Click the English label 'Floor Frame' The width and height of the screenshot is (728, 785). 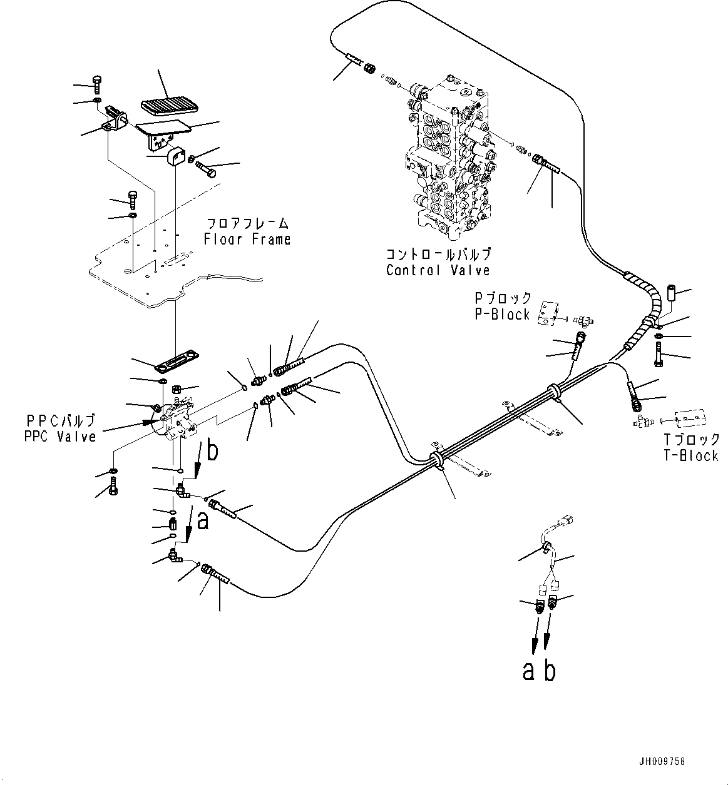pyautogui.click(x=247, y=240)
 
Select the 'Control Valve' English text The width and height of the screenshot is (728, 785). pyautogui.click(x=438, y=271)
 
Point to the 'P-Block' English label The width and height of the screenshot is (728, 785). pyautogui.click(x=502, y=315)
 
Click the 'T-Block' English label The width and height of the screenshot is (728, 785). pyautogui.click(x=691, y=456)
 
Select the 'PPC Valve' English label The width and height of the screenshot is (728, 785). pyautogui.click(x=60, y=437)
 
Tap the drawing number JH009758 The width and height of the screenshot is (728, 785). pyautogui.click(x=662, y=762)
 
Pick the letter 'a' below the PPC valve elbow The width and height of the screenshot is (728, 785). pyautogui.click(x=202, y=520)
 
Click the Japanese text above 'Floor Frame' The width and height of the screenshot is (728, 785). pyautogui.click(x=247, y=223)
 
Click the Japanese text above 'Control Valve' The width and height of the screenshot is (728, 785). pyautogui.click(x=438, y=254)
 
